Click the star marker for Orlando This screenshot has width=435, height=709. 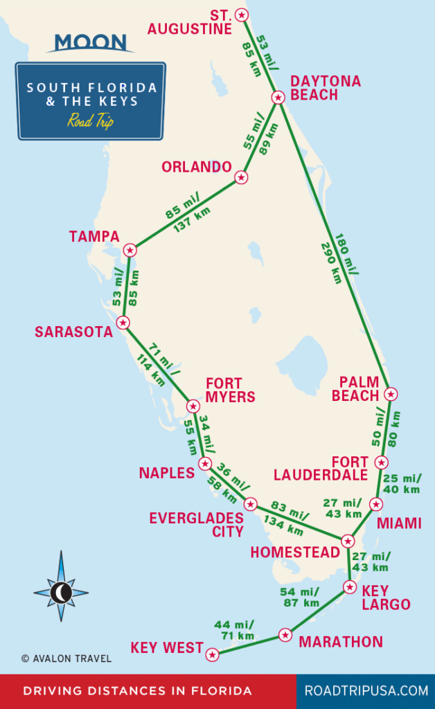point(241,177)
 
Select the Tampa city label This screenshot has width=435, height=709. point(94,237)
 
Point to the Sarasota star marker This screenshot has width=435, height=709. point(123,322)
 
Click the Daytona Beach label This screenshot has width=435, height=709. point(326,88)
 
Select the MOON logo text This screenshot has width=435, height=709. point(90,42)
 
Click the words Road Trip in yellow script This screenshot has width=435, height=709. point(90,120)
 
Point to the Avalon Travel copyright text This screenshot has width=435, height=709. point(66,658)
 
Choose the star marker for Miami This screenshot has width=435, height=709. point(375,504)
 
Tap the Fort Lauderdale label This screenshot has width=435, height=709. point(321,468)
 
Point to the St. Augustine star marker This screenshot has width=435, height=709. point(241,14)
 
